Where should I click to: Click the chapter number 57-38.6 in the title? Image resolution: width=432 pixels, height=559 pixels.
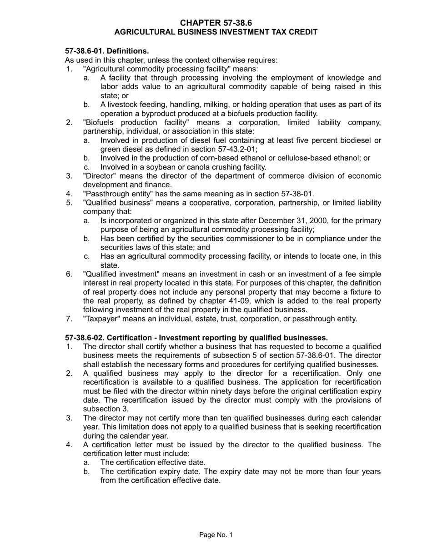coord(232,23)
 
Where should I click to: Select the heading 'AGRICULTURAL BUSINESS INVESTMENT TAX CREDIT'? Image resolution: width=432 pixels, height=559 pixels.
coord(216,32)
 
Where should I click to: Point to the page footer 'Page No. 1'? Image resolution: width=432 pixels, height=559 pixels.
coord(216,535)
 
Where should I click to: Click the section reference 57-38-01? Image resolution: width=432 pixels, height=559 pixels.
coord(293,194)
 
